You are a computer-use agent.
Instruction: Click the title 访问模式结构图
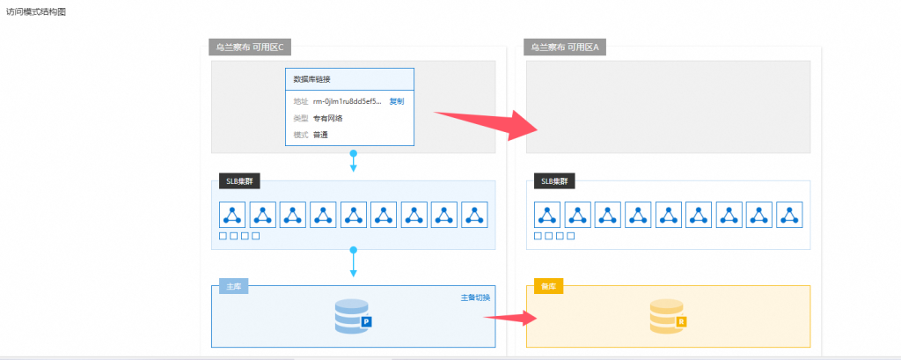[x=36, y=13]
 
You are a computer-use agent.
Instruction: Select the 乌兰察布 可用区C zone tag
[x=251, y=47]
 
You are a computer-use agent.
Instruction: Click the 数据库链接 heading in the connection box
[x=311, y=79]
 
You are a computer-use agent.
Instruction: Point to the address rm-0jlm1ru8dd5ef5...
[x=348, y=101]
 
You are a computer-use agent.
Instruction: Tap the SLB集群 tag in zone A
[x=553, y=182]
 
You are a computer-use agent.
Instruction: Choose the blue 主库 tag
[x=234, y=287]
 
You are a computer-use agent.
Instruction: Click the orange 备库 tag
[x=548, y=287]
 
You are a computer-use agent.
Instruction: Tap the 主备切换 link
[x=476, y=298]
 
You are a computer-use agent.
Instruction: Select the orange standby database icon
[x=668, y=317]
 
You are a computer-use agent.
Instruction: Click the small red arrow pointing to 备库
[x=509, y=317]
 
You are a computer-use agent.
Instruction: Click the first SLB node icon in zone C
[x=233, y=214]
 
